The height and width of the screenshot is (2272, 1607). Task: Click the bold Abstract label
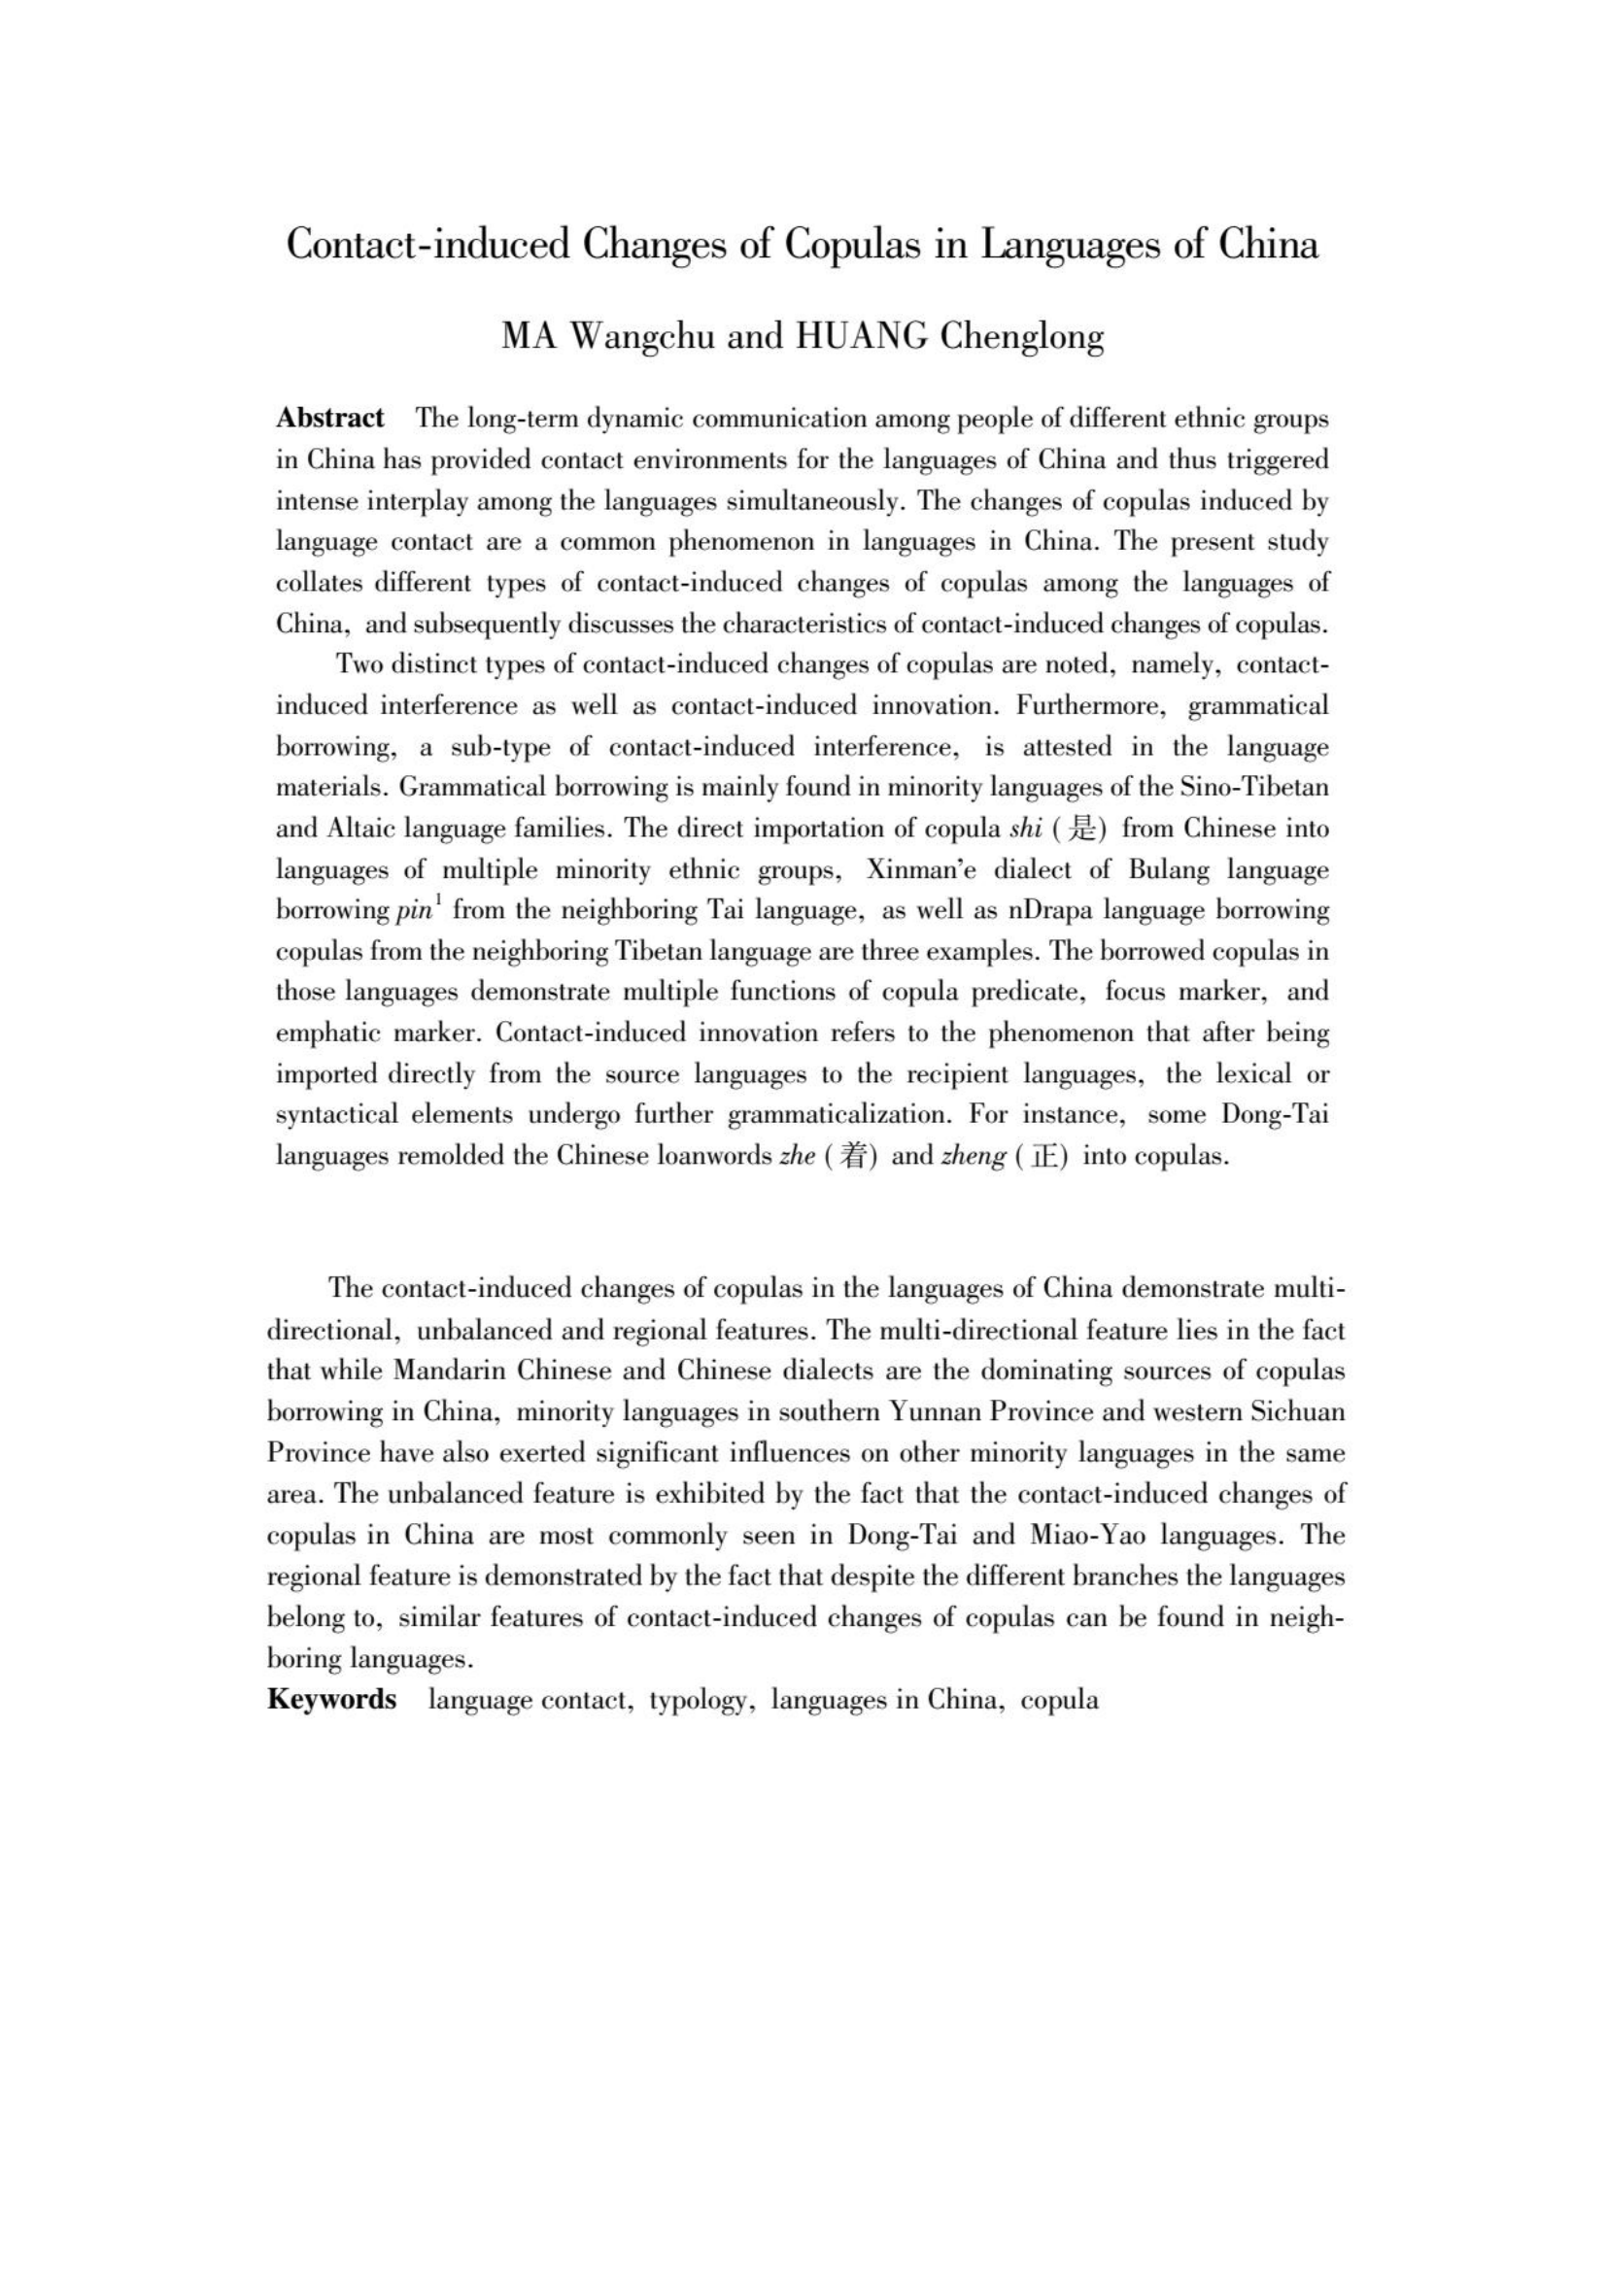coord(329,418)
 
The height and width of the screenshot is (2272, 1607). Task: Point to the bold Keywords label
coord(331,1699)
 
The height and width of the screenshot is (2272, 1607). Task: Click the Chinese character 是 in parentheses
coord(1084,829)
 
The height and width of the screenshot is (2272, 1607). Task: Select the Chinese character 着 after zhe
coord(853,1157)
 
